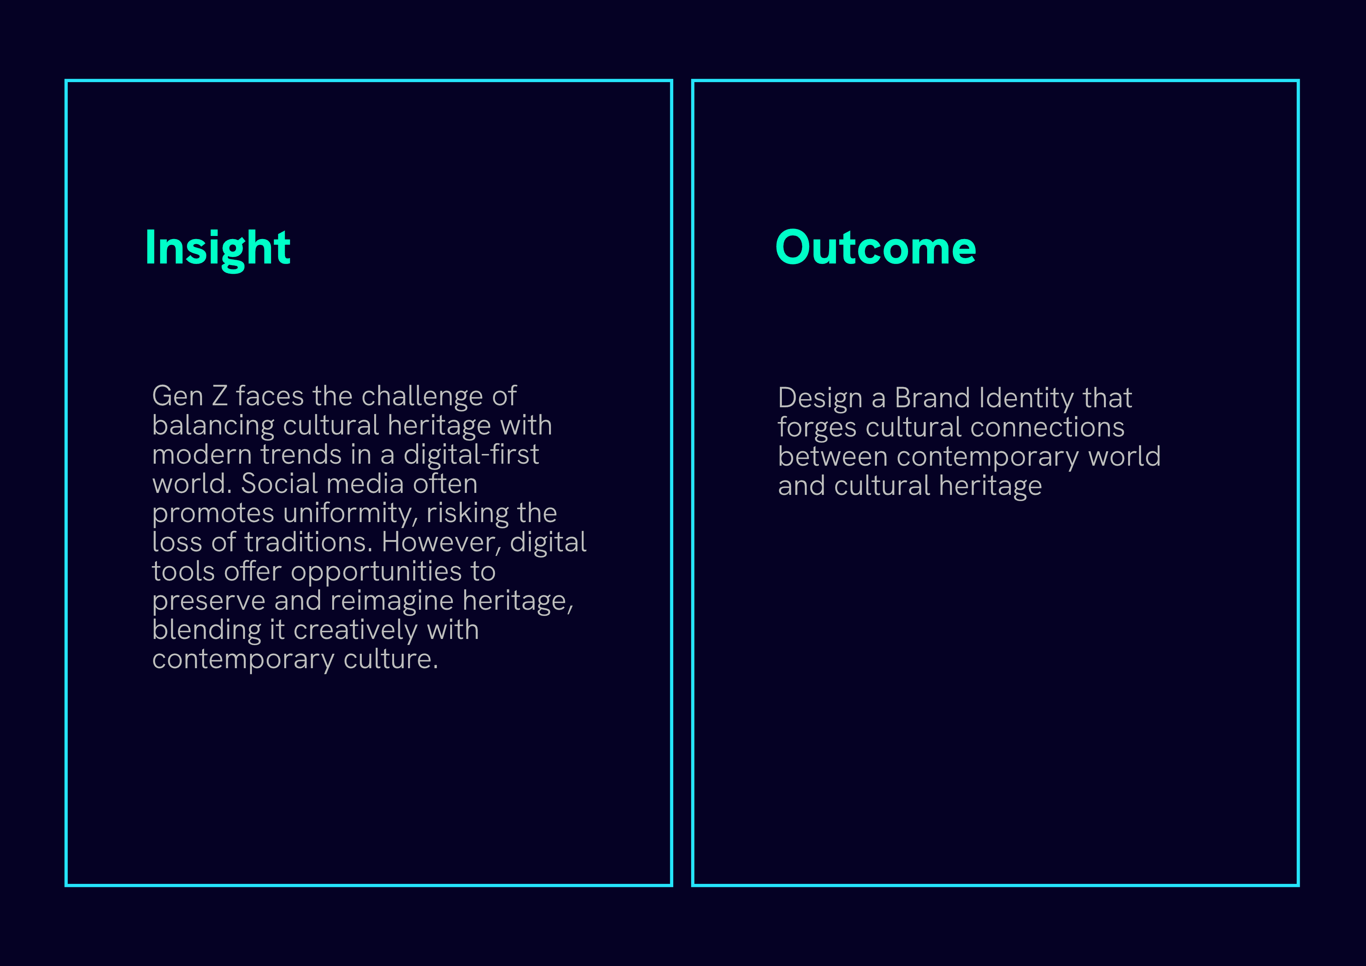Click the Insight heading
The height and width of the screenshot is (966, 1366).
pyautogui.click(x=218, y=248)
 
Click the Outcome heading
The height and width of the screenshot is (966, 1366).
pyautogui.click(x=875, y=248)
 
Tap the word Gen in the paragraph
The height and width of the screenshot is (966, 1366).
pyautogui.click(x=177, y=396)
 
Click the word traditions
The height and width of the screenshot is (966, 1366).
pyautogui.click(x=308, y=542)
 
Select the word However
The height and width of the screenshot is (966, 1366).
pyautogui.click(x=442, y=542)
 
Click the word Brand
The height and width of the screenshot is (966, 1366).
pyautogui.click(x=932, y=398)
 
